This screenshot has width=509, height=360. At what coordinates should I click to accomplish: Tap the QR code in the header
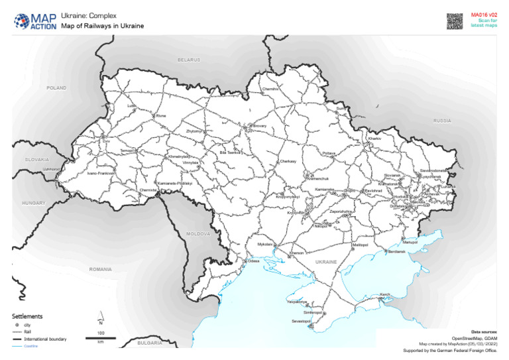453,21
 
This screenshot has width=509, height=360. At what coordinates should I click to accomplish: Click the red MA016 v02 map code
484,14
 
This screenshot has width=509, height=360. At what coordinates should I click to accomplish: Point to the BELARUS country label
188,60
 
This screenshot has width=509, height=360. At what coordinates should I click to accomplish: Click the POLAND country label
56,88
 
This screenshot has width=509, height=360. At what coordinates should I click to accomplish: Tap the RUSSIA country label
441,121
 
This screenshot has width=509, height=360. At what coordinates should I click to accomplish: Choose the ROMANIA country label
101,269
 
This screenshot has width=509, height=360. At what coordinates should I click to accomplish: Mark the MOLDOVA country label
198,234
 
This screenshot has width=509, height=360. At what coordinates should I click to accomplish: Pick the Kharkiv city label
375,139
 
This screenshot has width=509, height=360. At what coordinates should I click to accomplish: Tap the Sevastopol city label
301,321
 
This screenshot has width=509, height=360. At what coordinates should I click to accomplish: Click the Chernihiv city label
270,88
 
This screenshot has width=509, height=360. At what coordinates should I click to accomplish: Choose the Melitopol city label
360,245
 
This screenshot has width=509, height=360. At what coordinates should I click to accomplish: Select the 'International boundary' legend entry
45,339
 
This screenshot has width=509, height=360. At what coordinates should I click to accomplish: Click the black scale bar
101,338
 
